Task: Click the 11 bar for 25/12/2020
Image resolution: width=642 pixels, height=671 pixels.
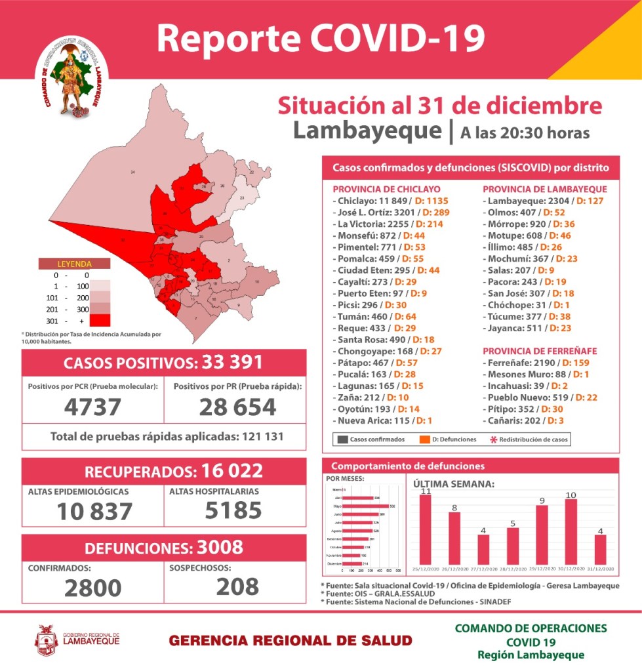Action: coord(426,528)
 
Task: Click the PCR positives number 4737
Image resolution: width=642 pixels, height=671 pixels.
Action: coord(92,407)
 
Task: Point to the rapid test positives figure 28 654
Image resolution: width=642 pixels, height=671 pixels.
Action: coord(237,407)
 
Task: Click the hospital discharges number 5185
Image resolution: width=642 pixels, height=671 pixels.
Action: coord(234,510)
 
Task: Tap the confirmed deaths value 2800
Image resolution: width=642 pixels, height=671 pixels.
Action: coord(92,586)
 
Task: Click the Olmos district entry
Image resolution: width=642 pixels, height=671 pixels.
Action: coord(523,213)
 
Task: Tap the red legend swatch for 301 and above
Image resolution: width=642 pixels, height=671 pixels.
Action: coord(99,320)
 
